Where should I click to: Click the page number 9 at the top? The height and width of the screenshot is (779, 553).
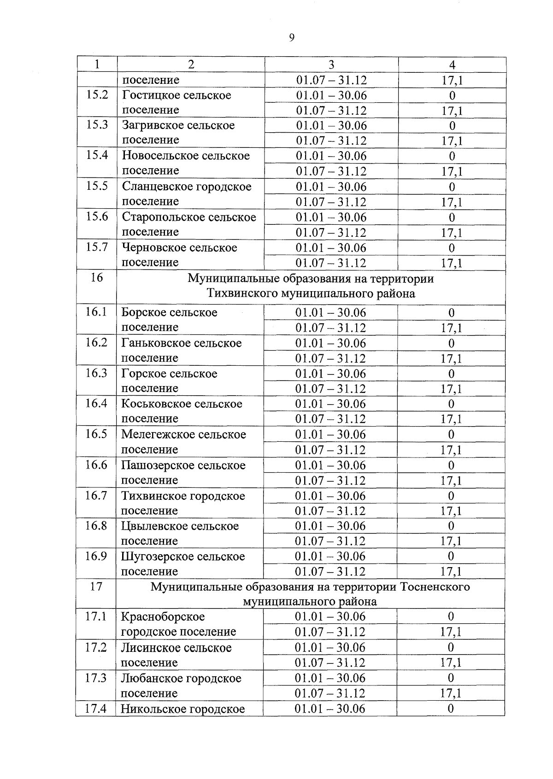pyautogui.click(x=291, y=38)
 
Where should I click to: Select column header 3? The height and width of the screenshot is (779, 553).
pyautogui.click(x=331, y=64)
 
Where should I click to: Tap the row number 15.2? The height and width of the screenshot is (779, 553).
pyautogui.click(x=97, y=95)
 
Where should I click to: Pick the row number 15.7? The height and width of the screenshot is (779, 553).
pyautogui.click(x=97, y=247)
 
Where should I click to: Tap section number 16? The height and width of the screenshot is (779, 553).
pyautogui.click(x=96, y=277)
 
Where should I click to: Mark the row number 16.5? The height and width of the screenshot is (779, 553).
pyautogui.click(x=96, y=434)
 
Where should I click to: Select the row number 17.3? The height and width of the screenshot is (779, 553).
pyautogui.click(x=96, y=678)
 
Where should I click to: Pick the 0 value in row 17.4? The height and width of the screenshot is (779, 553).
pyautogui.click(x=450, y=709)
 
